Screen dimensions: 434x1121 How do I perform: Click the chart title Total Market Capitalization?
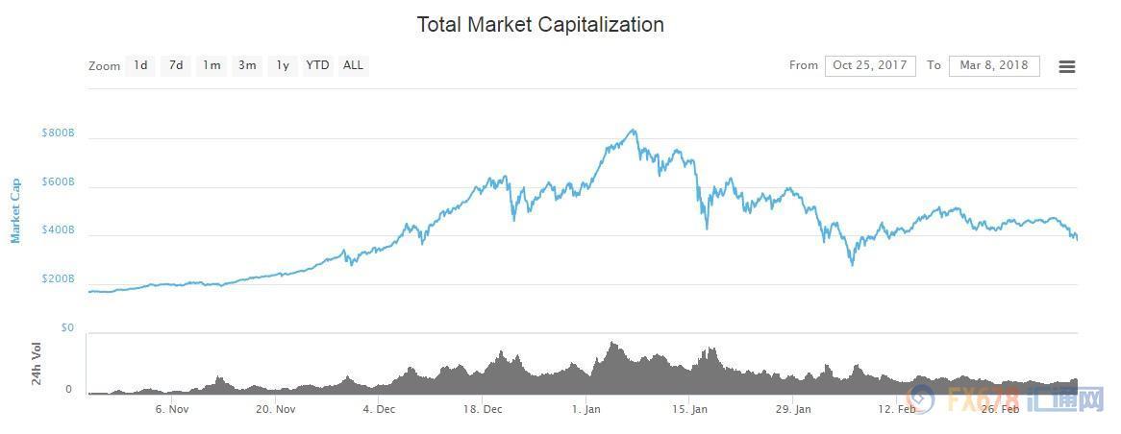coord(539,25)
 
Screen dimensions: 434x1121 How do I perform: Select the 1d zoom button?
coord(140,65)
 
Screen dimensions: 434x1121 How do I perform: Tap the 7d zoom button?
coord(176,65)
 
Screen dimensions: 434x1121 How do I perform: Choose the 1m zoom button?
coord(212,65)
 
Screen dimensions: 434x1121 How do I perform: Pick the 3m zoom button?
coord(247,65)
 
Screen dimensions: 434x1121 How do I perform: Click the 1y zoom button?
coord(282,65)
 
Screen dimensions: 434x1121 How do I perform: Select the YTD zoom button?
coord(317,65)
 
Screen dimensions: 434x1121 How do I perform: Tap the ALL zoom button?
coord(353,65)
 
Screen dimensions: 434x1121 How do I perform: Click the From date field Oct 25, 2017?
coord(870,65)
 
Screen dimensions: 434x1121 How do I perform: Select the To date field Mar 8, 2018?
coord(993,65)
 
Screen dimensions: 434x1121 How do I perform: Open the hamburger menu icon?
coord(1066,66)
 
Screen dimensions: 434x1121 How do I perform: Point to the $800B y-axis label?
coord(58,133)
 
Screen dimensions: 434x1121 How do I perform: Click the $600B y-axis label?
coord(58,182)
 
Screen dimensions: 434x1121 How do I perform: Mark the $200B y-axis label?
coord(58,279)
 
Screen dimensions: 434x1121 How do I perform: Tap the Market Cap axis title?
coord(15,210)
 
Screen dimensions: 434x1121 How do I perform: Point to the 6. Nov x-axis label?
coord(171,409)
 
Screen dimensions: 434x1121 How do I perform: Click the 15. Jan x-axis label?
coord(689,409)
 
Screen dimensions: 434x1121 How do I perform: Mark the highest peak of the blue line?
coord(633,130)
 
